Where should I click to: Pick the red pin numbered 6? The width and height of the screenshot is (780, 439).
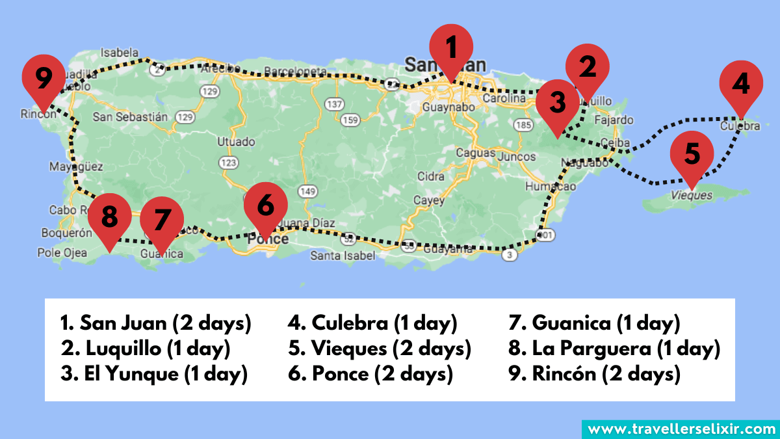click(265, 205)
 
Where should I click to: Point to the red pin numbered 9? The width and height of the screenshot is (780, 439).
click(44, 78)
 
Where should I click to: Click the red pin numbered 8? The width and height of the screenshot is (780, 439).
click(109, 216)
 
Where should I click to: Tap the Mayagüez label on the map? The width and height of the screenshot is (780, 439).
click(76, 167)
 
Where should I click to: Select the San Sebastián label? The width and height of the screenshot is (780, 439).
click(131, 117)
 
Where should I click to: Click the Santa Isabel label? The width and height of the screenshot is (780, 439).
click(343, 256)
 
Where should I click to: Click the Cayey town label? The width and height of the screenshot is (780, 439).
click(429, 200)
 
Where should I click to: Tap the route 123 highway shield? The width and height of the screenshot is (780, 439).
click(229, 161)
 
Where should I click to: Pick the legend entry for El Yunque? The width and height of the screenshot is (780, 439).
click(154, 374)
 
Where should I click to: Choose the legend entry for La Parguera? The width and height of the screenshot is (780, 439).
click(614, 349)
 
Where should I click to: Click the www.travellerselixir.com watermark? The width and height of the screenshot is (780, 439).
click(681, 429)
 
